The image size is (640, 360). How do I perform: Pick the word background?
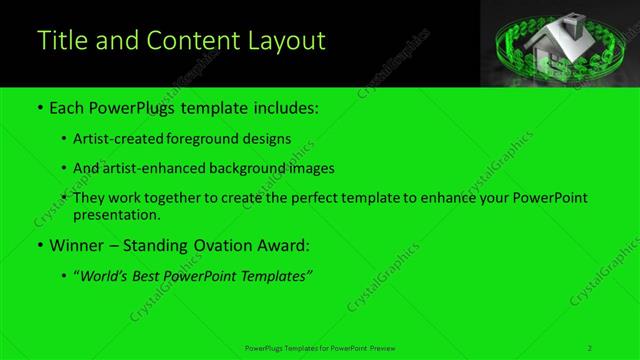click(x=250, y=168)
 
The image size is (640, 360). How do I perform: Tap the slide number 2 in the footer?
click(x=591, y=348)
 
